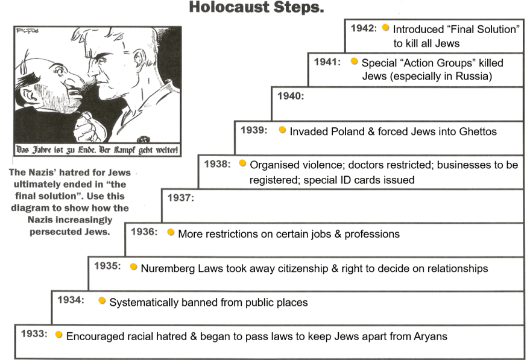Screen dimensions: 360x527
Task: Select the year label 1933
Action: (x=34, y=333)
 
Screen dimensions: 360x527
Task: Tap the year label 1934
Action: (x=71, y=299)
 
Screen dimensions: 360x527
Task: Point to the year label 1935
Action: (x=107, y=265)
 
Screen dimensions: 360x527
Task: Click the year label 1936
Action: (x=144, y=232)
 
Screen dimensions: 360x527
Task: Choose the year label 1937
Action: (x=181, y=198)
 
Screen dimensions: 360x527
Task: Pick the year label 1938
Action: (x=217, y=163)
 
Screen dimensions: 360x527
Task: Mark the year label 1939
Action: (x=254, y=130)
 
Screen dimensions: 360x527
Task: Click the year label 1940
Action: (x=291, y=96)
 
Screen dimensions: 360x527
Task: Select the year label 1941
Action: (x=327, y=62)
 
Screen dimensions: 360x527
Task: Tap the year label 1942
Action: (x=364, y=28)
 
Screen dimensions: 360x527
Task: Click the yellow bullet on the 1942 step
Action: (x=385, y=28)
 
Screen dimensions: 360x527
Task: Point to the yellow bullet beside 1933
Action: (x=58, y=334)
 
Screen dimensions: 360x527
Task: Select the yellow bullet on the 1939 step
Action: (x=282, y=130)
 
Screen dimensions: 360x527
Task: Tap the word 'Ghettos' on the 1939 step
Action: (x=477, y=131)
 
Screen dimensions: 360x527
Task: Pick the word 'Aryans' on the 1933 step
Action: (x=428, y=336)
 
